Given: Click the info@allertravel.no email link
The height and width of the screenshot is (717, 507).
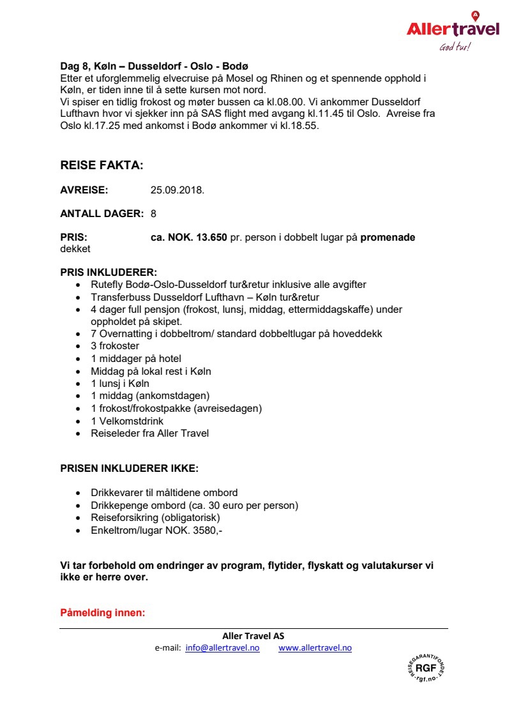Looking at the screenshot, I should tap(222, 647).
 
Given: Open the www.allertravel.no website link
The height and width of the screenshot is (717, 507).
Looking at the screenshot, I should tap(315, 647).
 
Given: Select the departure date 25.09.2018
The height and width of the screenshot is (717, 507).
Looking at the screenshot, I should tap(178, 190).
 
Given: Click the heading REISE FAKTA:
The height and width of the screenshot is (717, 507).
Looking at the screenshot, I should tap(102, 165).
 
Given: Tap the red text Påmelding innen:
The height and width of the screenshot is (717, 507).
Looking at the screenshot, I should tap(103, 613).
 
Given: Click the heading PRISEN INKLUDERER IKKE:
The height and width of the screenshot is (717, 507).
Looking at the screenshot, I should tap(130, 468).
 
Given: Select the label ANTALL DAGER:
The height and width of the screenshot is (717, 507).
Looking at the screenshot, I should tap(102, 213).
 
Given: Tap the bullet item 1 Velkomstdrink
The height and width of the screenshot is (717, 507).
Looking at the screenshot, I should tap(127, 421).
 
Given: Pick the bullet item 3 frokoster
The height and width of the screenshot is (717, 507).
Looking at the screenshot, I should tap(115, 346).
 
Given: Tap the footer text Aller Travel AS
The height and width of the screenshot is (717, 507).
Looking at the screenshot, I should tap(253, 636).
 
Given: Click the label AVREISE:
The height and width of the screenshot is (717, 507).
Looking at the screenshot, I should tap(84, 190).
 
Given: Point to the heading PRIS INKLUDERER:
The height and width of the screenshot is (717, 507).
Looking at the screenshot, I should tap(109, 271).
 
